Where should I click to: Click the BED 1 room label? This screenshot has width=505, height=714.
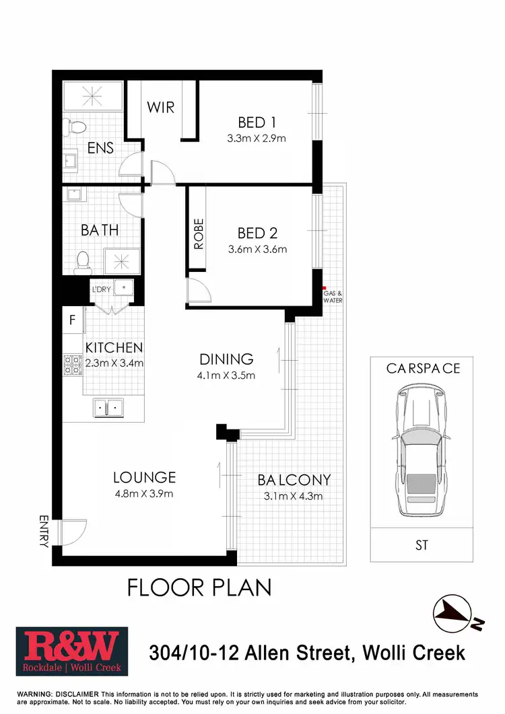257,122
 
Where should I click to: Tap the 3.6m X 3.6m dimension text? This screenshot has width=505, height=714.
257,249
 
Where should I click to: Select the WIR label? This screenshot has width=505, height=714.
161,107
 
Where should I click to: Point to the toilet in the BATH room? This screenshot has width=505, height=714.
83,260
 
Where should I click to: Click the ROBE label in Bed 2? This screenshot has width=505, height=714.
199,234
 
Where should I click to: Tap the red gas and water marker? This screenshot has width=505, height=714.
324,287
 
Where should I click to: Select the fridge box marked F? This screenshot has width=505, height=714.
73,320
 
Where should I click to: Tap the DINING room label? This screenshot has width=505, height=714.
226,359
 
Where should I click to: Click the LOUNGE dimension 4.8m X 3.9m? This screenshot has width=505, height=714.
144,494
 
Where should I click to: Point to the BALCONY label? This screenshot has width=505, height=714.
294,480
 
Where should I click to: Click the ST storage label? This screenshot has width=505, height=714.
422,545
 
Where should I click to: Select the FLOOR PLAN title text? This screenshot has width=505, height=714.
199,587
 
